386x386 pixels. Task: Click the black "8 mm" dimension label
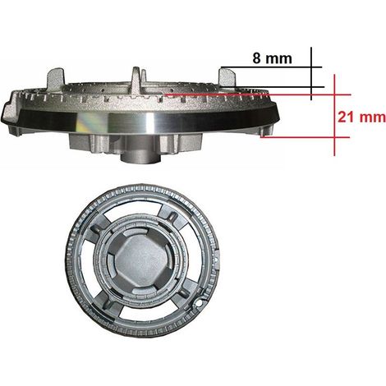[x=272, y=58]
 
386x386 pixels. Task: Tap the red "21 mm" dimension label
[x=361, y=117]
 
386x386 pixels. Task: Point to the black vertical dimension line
[x=311, y=74]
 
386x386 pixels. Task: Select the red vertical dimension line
[x=334, y=115]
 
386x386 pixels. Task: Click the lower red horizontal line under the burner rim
[x=305, y=137]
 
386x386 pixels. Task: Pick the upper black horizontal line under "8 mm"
[x=272, y=67]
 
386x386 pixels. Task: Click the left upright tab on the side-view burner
[x=56, y=76]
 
